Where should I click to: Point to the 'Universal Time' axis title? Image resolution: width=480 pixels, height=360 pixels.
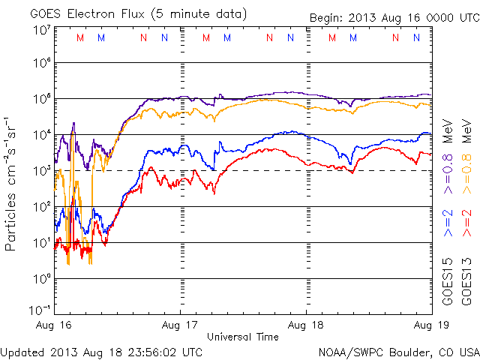[243, 337]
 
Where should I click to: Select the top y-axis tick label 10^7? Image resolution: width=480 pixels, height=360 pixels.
[40, 29]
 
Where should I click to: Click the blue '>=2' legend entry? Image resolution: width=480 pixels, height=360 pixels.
[448, 223]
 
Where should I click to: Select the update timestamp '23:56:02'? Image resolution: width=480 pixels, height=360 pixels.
[139, 351]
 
